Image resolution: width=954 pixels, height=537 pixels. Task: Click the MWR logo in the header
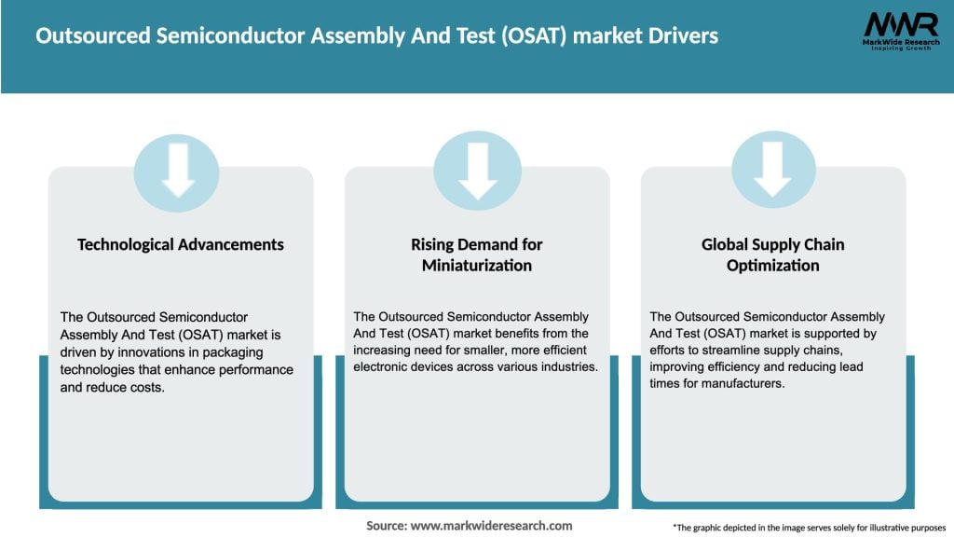coord(900,23)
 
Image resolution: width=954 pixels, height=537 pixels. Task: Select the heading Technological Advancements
coord(180,244)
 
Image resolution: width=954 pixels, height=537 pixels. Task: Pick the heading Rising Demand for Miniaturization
coord(476,255)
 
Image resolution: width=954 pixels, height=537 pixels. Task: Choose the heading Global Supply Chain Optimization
coord(772,255)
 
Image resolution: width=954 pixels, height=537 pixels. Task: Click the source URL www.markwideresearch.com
coord(491,526)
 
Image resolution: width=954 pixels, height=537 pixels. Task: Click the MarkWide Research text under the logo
coord(900,43)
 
